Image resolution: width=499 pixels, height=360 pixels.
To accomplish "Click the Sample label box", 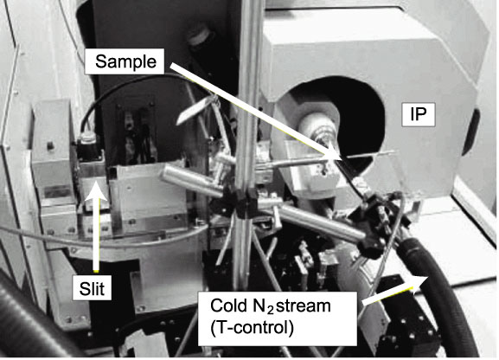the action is point(125,61).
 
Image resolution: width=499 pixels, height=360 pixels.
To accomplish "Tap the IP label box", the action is point(419,114).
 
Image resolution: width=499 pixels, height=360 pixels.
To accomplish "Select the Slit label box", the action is point(92,288).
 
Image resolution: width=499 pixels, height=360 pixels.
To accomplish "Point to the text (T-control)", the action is point(252,328).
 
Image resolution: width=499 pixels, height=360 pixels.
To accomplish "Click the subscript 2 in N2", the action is point(270,310).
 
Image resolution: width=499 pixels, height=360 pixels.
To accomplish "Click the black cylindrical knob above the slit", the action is point(88,145).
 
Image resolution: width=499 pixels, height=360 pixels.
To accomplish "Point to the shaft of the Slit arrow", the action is point(96,235).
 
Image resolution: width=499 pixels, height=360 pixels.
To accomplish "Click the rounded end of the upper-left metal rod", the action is point(166,174).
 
